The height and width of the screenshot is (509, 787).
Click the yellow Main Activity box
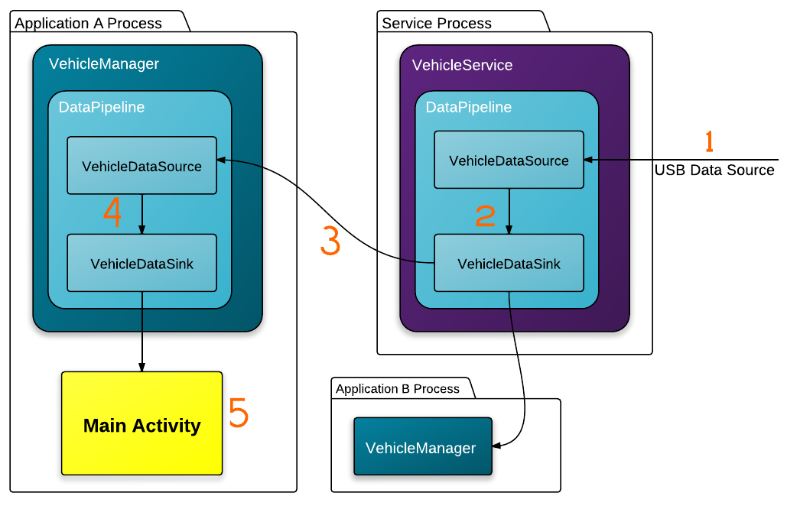[142, 423]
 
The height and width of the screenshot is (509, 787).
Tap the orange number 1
[709, 141]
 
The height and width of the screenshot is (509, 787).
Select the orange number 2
[486, 216]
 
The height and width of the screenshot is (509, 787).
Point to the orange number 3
[330, 241]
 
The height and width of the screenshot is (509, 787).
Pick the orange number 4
[112, 212]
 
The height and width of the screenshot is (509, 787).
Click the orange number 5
[239, 412]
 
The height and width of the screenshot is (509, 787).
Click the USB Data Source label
[714, 170]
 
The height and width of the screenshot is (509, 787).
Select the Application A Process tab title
[89, 24]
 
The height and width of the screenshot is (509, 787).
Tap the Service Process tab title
[437, 24]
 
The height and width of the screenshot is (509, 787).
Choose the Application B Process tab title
[398, 389]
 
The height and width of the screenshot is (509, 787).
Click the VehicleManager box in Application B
[423, 446]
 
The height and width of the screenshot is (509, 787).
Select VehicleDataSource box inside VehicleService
[509, 160]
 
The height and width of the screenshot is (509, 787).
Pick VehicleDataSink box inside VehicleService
[509, 263]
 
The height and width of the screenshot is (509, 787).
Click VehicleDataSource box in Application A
[142, 166]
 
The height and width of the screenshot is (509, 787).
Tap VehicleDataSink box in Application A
[142, 263]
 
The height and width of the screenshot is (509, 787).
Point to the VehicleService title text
[462, 65]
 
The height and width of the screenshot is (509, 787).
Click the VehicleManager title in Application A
[104, 63]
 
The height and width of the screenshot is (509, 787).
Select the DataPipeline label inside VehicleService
[469, 107]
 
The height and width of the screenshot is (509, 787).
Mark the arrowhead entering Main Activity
[142, 367]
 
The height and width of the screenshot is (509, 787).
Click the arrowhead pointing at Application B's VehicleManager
[496, 446]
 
